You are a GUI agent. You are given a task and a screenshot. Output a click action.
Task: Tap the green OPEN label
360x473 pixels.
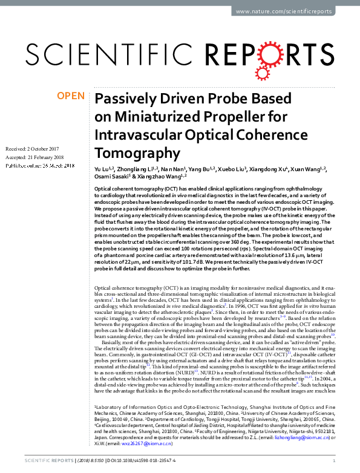coord(70,96)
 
